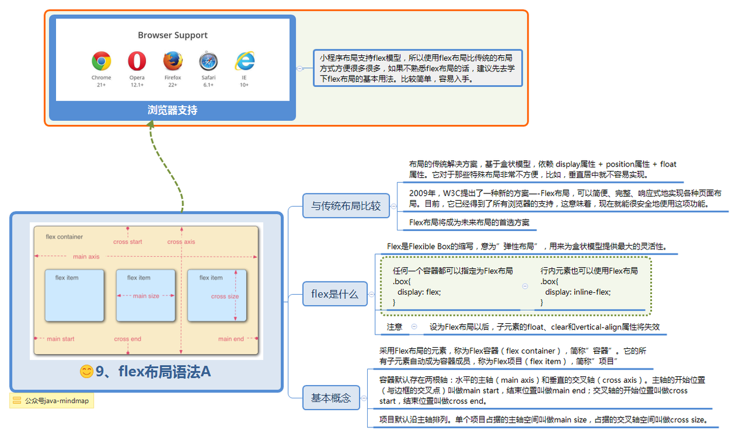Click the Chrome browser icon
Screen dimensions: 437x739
(101, 61)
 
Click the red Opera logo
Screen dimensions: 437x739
(137, 61)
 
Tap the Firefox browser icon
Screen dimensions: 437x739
(173, 61)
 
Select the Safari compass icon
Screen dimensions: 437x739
(209, 61)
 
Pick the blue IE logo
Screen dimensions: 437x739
(244, 61)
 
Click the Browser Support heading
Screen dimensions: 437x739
(173, 35)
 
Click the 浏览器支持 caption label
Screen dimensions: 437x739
(173, 110)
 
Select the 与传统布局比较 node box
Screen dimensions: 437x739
(346, 207)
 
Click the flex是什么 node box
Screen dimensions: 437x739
(334, 294)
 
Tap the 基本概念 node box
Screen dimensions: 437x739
(331, 398)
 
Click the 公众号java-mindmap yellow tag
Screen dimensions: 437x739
(52, 401)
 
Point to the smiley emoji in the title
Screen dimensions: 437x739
(86, 372)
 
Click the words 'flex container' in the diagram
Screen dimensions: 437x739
(64, 237)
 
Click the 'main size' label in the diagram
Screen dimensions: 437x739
(145, 296)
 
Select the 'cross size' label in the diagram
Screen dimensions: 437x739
(225, 296)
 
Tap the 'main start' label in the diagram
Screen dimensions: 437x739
(60, 339)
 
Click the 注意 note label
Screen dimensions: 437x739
(395, 327)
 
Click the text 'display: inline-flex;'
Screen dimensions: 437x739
(577, 292)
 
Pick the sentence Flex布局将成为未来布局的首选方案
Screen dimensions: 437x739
(469, 222)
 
